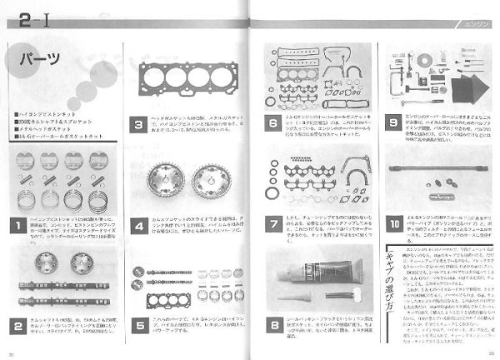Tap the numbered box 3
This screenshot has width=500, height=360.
[140, 126]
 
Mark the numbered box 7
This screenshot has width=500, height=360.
[272, 224]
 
